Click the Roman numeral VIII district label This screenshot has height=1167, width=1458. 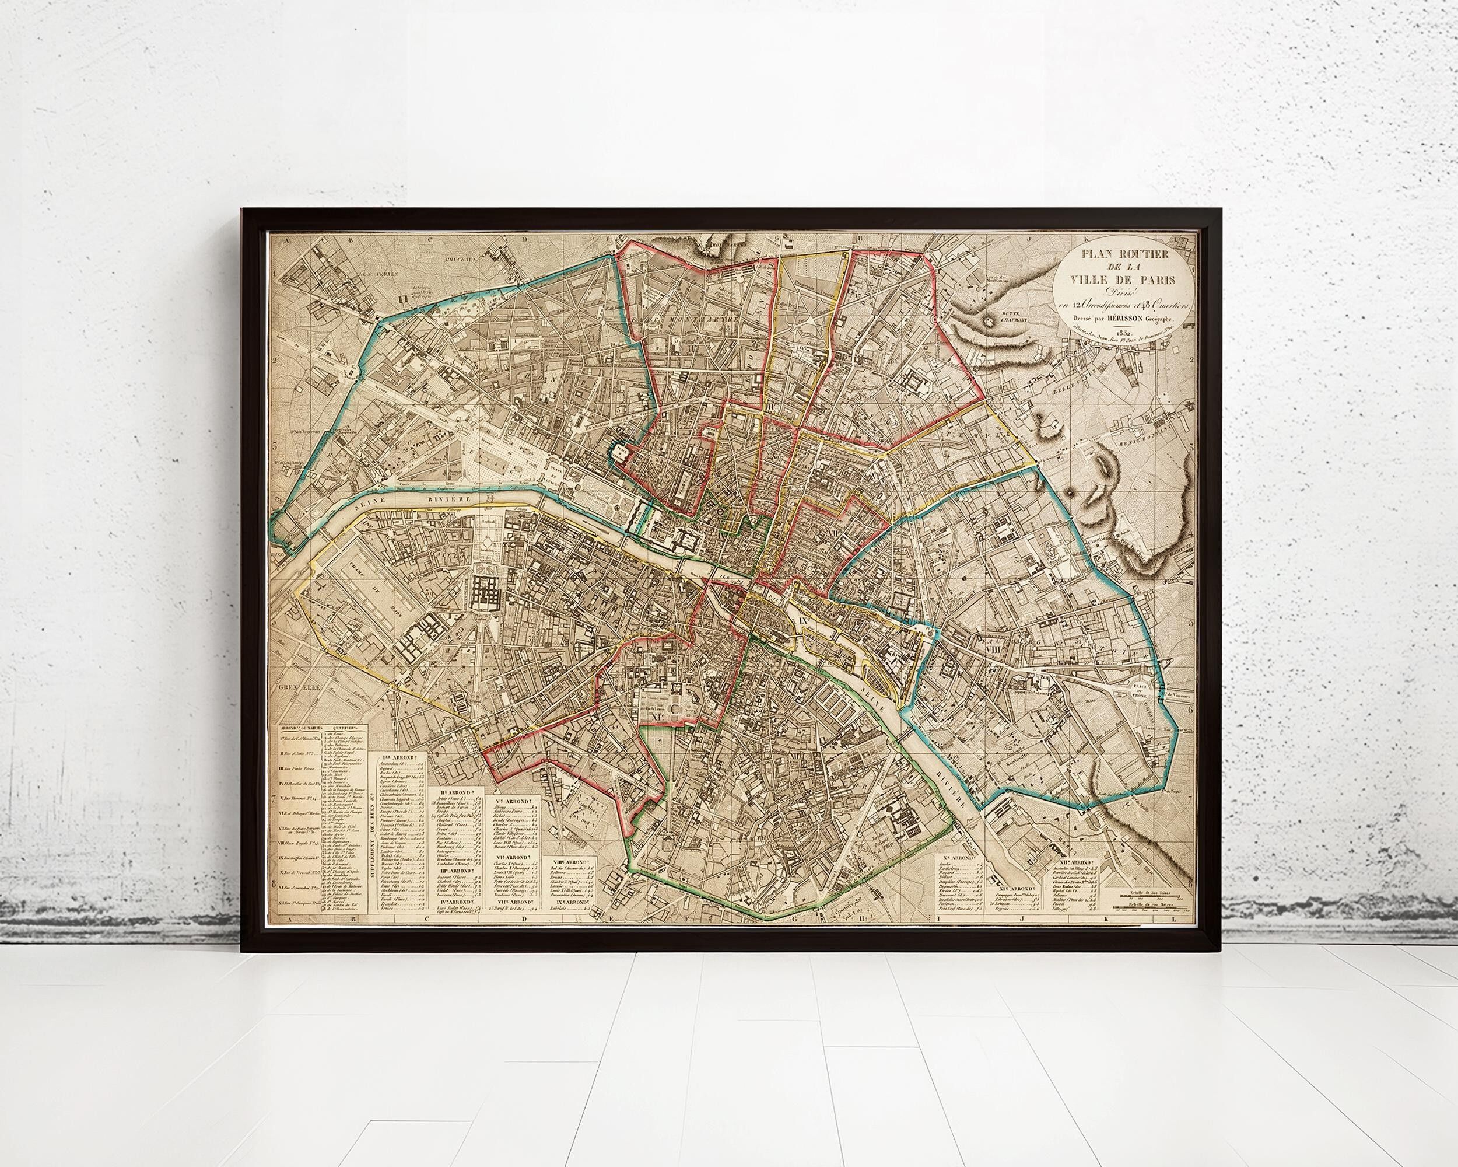click(992, 649)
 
